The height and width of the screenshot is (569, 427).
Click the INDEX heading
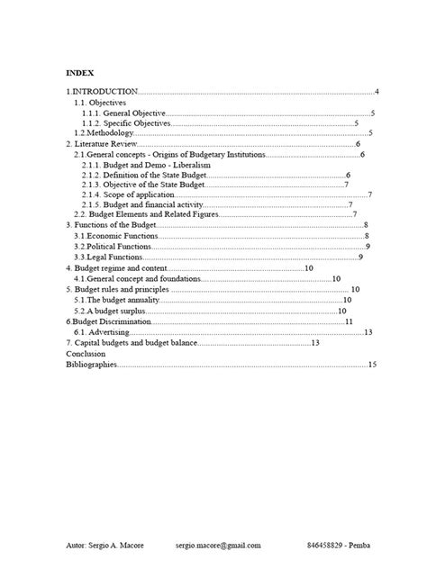pos(79,72)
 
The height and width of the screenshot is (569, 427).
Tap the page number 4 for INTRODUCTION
pos(377,92)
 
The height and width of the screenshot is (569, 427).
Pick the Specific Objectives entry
pos(126,123)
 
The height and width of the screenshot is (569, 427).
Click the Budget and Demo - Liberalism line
pos(145,165)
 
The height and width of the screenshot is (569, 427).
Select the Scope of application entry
pos(127,195)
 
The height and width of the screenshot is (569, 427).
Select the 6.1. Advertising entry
pos(104,331)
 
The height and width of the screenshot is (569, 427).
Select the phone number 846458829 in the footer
pos(329,546)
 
